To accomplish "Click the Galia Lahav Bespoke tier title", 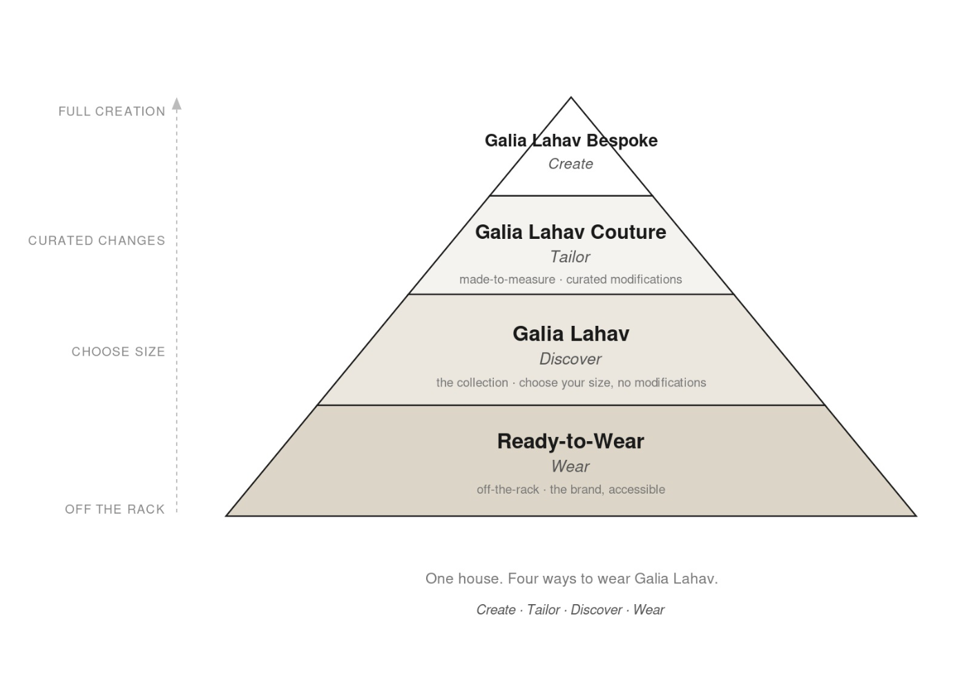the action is pyautogui.click(x=571, y=141).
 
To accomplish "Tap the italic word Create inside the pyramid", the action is pyautogui.click(x=570, y=164).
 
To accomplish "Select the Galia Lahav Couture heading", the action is pyautogui.click(x=570, y=232).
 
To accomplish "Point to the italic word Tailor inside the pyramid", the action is pyautogui.click(x=570, y=257).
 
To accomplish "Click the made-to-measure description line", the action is pyautogui.click(x=570, y=280).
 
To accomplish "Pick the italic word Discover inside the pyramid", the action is pyautogui.click(x=570, y=359).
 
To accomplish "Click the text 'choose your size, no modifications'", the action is pyautogui.click(x=613, y=382).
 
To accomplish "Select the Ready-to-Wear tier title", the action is pyautogui.click(x=570, y=442).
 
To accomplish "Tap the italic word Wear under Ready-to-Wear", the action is pyautogui.click(x=570, y=467).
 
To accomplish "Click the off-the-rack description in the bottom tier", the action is pyautogui.click(x=571, y=490).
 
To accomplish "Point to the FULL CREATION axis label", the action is pyautogui.click(x=112, y=111).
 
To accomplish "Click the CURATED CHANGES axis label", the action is pyautogui.click(x=97, y=241).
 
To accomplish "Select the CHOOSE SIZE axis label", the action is pyautogui.click(x=118, y=351).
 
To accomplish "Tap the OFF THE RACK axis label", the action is pyautogui.click(x=115, y=510).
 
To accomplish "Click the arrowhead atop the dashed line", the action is pyautogui.click(x=177, y=104).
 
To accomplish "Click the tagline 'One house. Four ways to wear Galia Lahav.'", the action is pyautogui.click(x=571, y=579).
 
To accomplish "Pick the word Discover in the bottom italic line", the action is pyautogui.click(x=596, y=610).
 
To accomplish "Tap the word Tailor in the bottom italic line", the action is pyautogui.click(x=544, y=610).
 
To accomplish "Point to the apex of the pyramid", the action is pyautogui.click(x=571, y=97).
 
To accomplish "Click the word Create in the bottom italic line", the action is pyautogui.click(x=496, y=610).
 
